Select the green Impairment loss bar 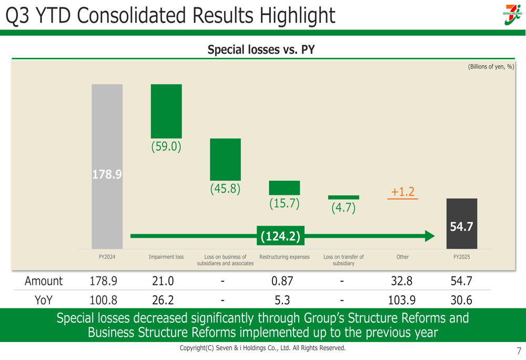point(166,111)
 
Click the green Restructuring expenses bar point(285,188)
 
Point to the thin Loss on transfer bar point(343,198)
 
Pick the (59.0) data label point(166,147)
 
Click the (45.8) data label point(225,188)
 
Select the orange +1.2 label point(403,192)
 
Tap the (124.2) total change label point(280,236)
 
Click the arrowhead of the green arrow point(430,236)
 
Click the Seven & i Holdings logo point(512,14)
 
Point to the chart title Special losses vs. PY point(261,50)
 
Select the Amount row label point(44,281)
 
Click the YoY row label point(44,301)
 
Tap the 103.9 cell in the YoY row point(402,301)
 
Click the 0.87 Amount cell point(282,281)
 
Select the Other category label point(402,257)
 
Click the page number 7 point(519,351)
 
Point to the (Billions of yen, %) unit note point(491,67)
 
